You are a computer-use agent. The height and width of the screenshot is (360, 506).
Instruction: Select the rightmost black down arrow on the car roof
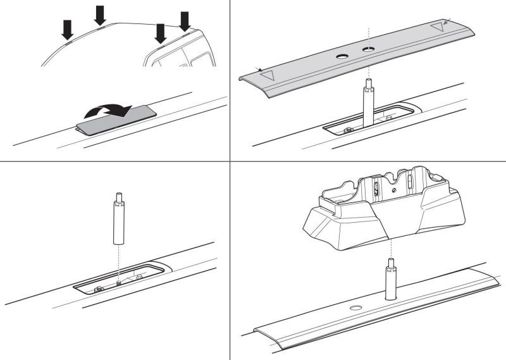185,20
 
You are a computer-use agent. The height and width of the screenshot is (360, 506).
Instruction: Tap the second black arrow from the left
100,15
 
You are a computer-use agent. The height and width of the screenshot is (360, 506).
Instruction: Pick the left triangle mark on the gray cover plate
268,75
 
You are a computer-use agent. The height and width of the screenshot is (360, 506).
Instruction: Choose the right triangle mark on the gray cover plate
436,28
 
